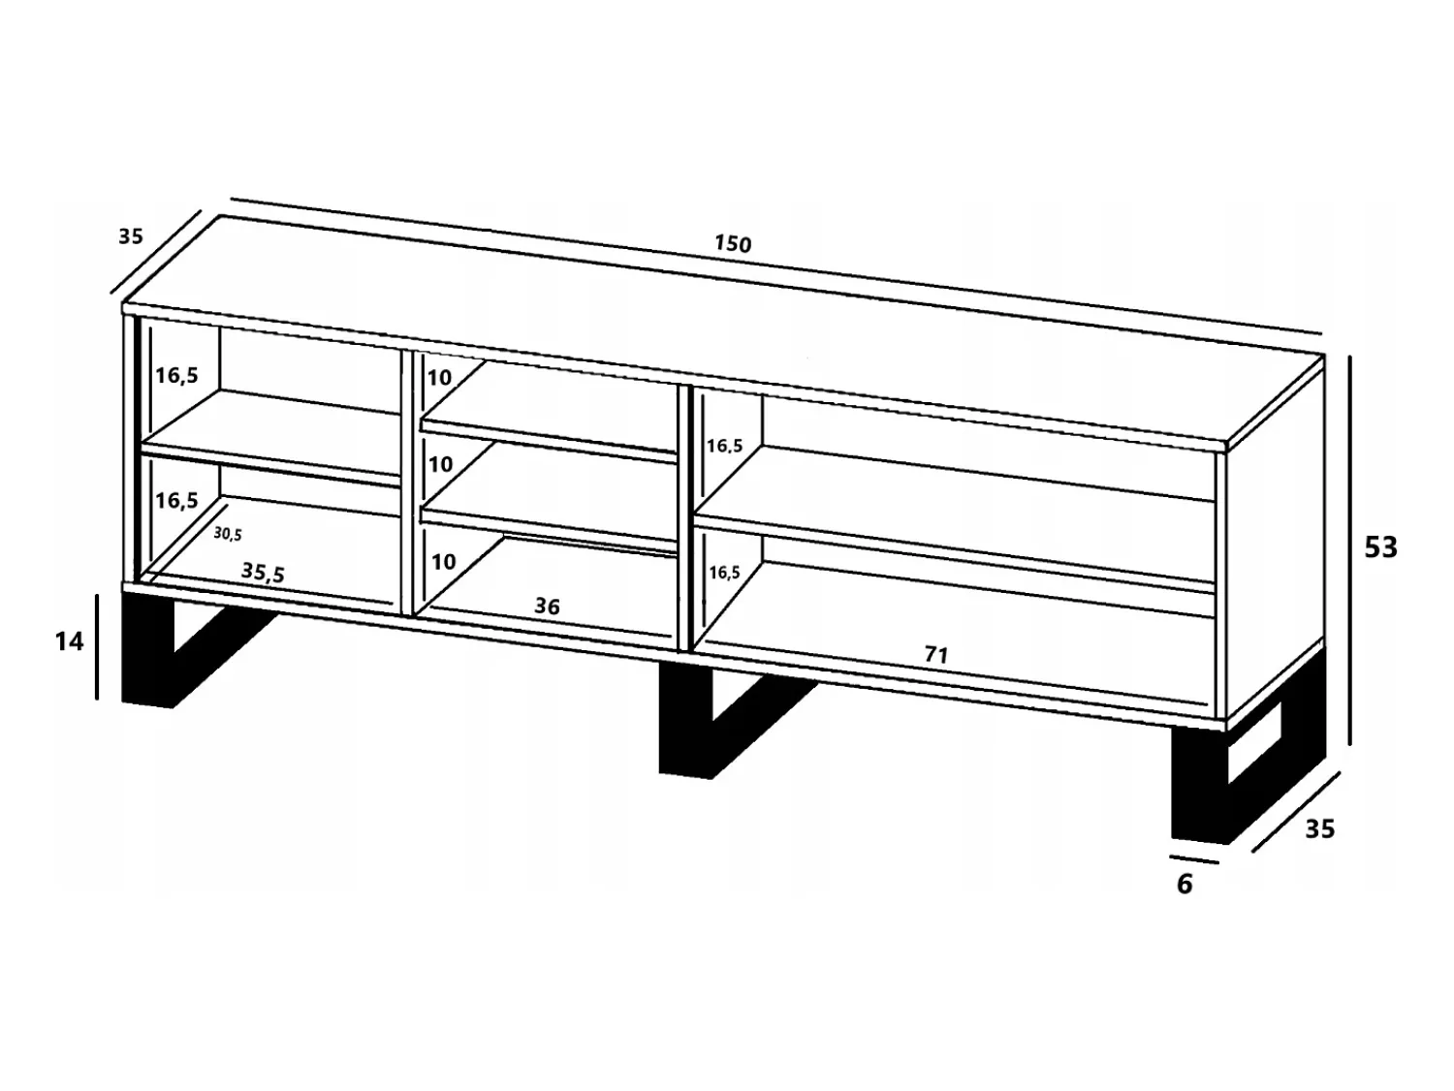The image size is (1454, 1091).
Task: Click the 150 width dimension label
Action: pyautogui.click(x=733, y=243)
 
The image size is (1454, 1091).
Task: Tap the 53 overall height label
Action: pyautogui.click(x=1380, y=547)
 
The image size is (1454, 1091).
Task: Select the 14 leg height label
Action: pyautogui.click(x=70, y=640)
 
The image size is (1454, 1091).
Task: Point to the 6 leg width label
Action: pyautogui.click(x=1185, y=885)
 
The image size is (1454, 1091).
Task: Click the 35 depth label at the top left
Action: pyautogui.click(x=131, y=236)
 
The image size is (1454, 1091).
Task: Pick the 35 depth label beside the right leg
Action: pyautogui.click(x=1320, y=828)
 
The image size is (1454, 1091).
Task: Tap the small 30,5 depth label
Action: pyautogui.click(x=227, y=534)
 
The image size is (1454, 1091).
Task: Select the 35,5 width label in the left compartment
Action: pyautogui.click(x=263, y=573)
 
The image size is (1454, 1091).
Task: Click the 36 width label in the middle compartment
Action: pyautogui.click(x=547, y=606)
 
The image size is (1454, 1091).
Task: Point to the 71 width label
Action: pyautogui.click(x=936, y=655)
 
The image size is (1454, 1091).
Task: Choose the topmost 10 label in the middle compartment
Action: pyautogui.click(x=440, y=378)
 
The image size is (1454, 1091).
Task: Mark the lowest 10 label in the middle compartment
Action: pyautogui.click(x=443, y=562)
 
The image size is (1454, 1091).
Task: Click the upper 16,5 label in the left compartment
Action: pyautogui.click(x=176, y=375)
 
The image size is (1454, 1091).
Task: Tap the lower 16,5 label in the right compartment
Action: pyautogui.click(x=724, y=572)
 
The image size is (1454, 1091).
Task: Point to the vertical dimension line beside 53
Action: pyautogui.click(x=1350, y=549)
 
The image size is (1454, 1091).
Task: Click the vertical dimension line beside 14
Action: pyautogui.click(x=97, y=647)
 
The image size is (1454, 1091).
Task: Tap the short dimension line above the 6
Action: pyautogui.click(x=1193, y=859)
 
